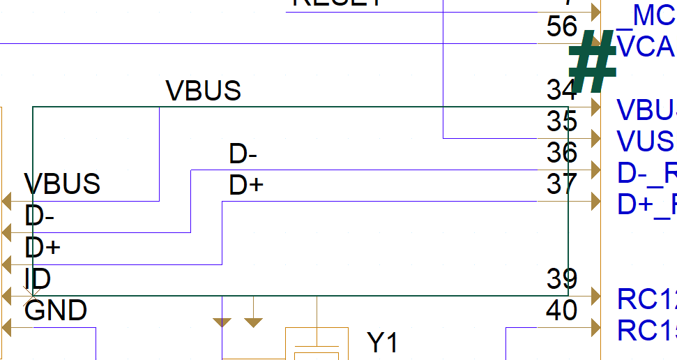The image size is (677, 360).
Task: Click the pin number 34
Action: (562, 90)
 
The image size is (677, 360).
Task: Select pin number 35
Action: (562, 121)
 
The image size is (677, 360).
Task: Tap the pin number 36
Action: (562, 153)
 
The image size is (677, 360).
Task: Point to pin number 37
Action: (562, 184)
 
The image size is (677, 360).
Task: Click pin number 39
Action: (562, 279)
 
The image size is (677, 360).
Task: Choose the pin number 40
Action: (562, 310)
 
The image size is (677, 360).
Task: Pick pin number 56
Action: (562, 27)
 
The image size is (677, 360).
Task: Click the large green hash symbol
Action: (593, 63)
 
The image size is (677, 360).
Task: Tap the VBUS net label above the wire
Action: (203, 91)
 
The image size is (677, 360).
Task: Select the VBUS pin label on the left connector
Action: (62, 184)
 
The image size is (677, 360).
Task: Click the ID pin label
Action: (38, 279)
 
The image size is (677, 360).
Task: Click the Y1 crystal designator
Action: (383, 343)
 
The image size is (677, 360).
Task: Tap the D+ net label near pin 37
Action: (245, 186)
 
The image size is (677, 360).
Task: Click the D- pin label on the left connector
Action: (40, 216)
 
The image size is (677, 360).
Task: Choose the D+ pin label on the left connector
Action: (42, 248)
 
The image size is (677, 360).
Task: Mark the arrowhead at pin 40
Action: (595, 327)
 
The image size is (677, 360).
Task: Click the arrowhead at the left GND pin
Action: (8, 327)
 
